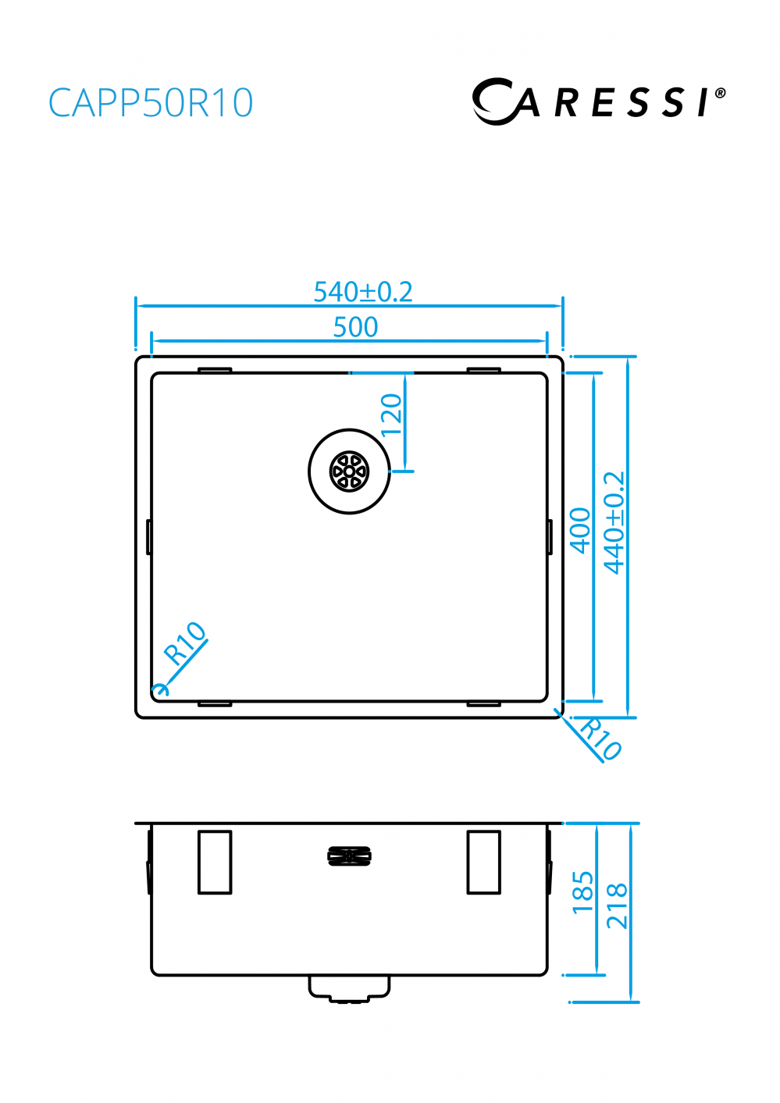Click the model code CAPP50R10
click(151, 103)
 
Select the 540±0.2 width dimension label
click(362, 292)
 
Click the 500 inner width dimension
click(355, 327)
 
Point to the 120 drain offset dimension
click(391, 415)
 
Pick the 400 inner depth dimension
click(580, 530)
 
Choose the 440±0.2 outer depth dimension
click(614, 522)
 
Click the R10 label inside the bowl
click(184, 642)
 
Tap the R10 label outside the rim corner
click(600, 738)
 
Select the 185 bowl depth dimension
click(582, 892)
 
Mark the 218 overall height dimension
click(617, 906)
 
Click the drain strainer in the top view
click(349, 471)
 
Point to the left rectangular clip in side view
click(215, 862)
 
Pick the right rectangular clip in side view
click(483, 862)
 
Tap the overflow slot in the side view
click(349, 856)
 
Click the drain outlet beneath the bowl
click(349, 988)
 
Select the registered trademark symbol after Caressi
click(720, 93)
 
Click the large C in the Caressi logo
click(494, 101)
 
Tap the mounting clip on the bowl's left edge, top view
click(148, 537)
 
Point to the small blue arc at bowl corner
click(161, 689)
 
